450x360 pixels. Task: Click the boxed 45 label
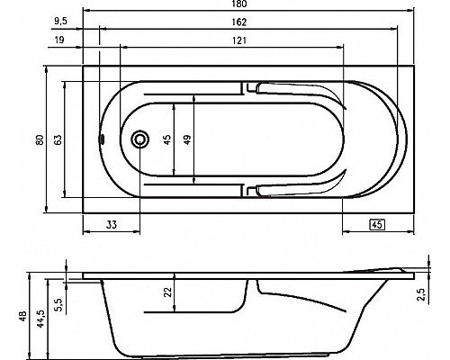(378, 224)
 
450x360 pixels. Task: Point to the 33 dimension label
(113, 224)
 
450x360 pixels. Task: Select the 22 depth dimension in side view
(168, 292)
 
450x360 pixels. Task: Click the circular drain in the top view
(140, 139)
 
